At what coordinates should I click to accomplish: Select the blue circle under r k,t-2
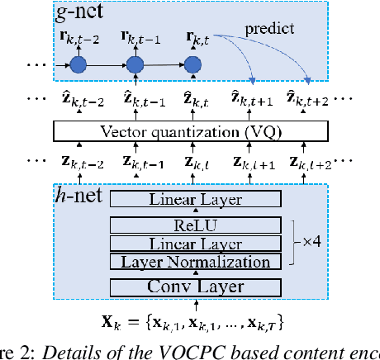(78, 64)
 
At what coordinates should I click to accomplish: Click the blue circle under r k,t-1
(135, 64)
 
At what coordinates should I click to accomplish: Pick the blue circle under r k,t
(192, 64)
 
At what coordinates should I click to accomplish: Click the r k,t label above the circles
(192, 36)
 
